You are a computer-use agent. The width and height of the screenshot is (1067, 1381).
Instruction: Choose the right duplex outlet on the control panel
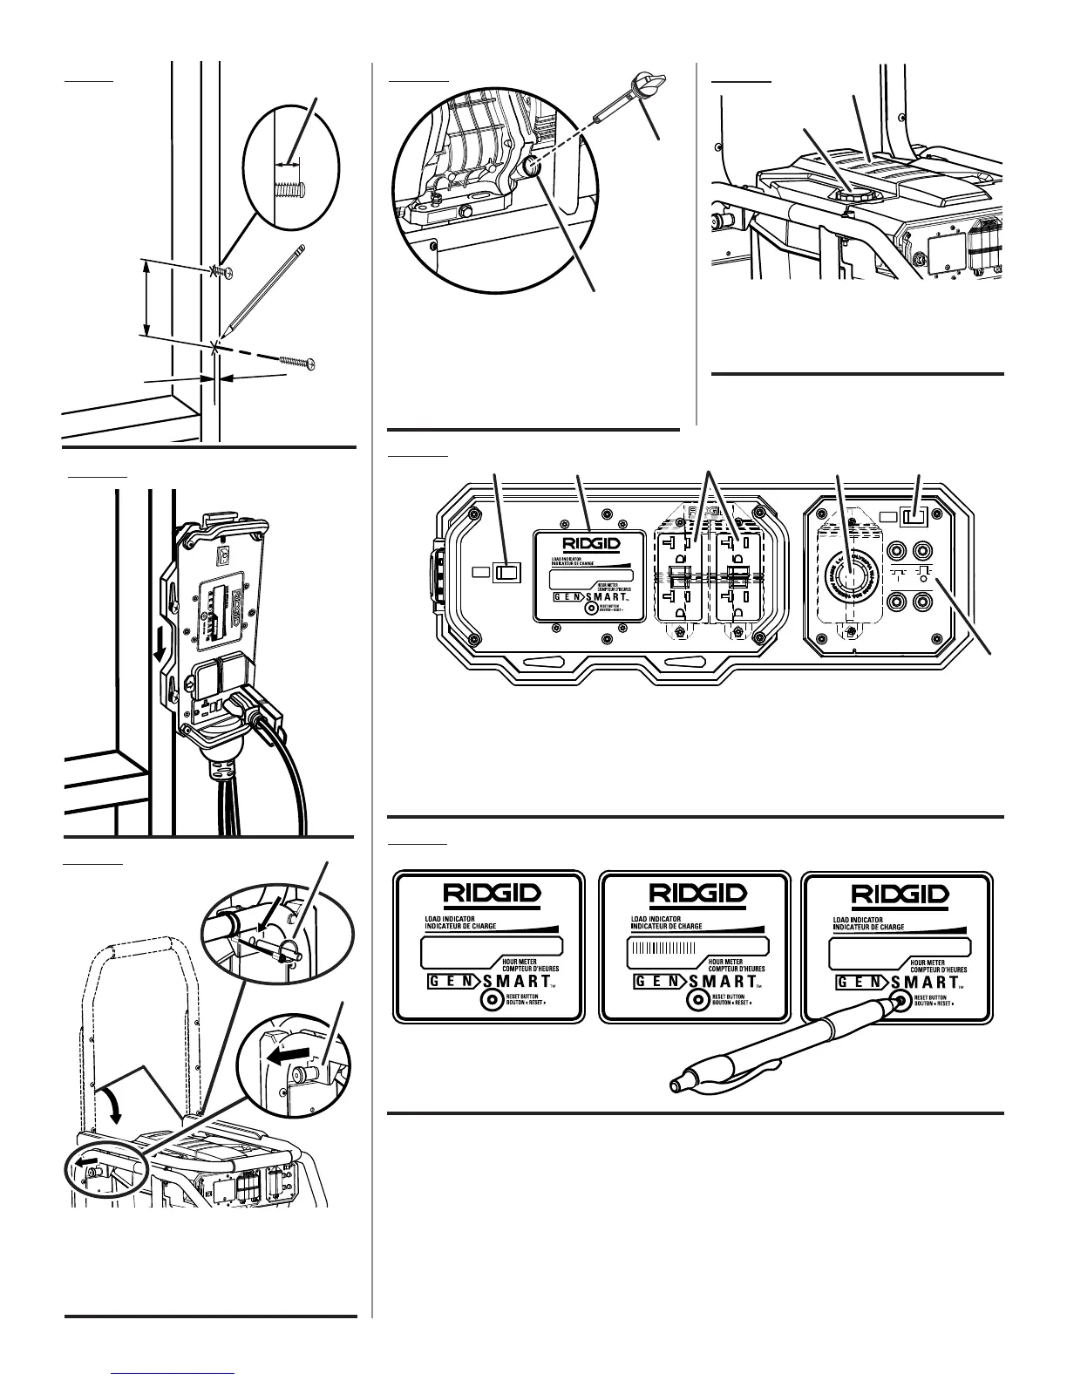tap(739, 577)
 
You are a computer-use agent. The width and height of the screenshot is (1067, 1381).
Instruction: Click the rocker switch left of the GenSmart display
tap(506, 572)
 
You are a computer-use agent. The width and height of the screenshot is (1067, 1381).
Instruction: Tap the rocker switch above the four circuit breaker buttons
tap(914, 517)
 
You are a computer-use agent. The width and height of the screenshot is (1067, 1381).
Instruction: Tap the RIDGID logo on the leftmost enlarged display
tap(489, 894)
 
